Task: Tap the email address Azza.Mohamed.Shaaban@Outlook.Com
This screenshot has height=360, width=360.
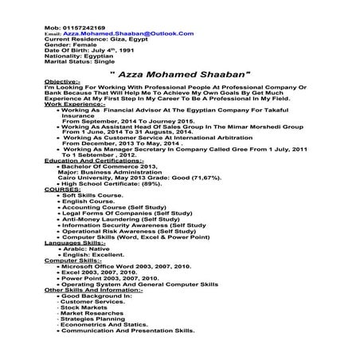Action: point(119,33)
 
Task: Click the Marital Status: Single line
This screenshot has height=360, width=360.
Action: point(80,65)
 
